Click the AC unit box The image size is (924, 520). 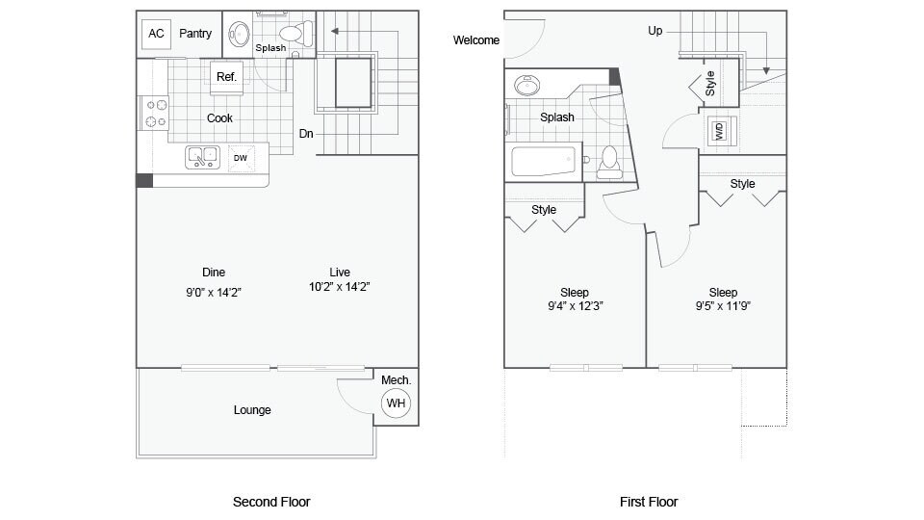(x=156, y=34)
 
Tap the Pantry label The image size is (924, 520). (x=195, y=34)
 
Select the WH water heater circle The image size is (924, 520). (x=396, y=403)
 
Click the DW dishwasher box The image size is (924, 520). (x=240, y=157)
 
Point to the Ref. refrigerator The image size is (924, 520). (x=226, y=77)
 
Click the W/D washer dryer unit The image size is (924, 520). (x=719, y=131)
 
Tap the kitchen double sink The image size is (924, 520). (x=203, y=156)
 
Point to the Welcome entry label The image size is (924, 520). (x=476, y=40)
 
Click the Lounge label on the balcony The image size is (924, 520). (x=252, y=410)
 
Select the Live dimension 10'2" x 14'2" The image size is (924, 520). (x=338, y=287)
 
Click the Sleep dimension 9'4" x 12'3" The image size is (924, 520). (x=575, y=307)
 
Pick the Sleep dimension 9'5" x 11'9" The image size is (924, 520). (x=723, y=307)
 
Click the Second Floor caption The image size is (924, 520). (x=271, y=502)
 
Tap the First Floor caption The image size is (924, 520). (x=649, y=502)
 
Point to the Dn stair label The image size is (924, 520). (x=306, y=134)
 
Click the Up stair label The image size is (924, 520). (x=655, y=31)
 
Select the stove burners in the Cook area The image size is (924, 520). (x=156, y=113)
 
